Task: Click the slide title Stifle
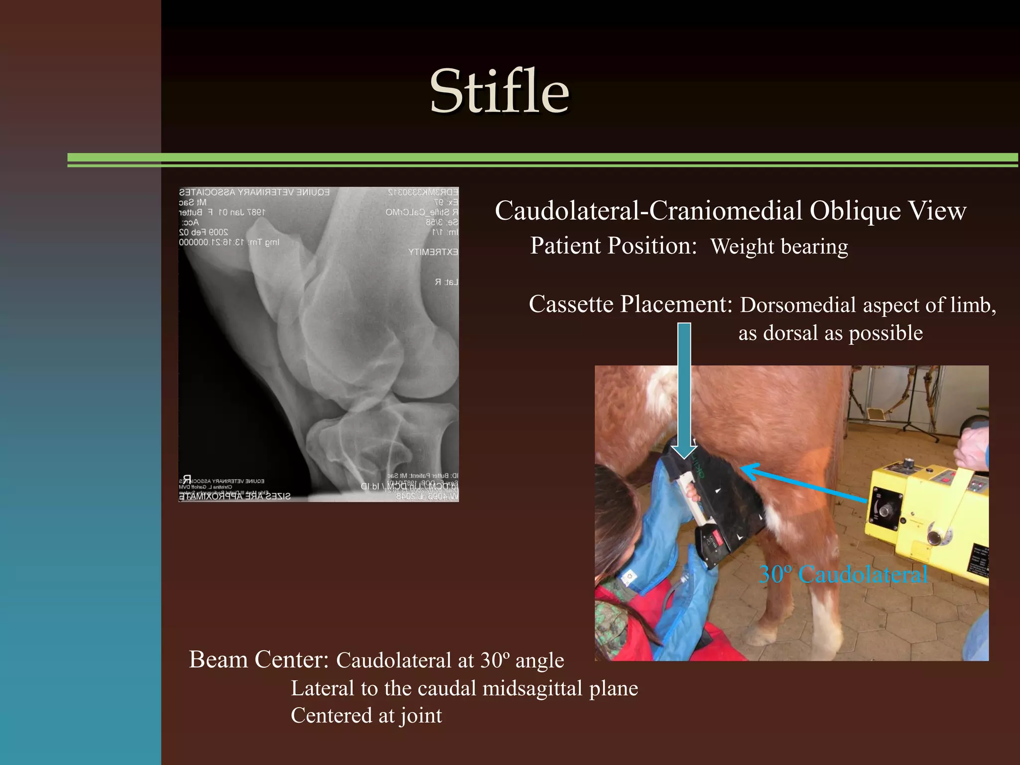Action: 499,92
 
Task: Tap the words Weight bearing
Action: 779,247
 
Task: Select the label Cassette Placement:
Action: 630,304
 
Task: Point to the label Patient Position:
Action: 613,246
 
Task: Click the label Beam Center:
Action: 258,660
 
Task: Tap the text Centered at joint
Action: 366,716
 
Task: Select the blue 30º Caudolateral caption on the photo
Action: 843,575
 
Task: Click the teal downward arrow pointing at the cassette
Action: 684,388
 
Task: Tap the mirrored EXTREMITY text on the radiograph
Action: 433,252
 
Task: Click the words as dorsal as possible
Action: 830,333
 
